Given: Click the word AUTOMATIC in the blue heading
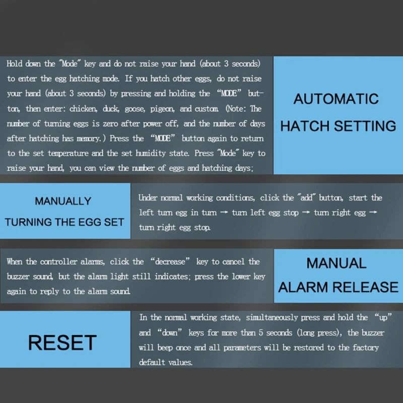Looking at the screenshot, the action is click(336, 99).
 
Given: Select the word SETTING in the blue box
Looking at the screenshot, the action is click(365, 126).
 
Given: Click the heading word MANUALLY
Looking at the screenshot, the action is click(63, 201).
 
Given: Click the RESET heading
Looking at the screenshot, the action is click(62, 343).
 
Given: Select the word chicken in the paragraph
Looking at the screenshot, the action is click(83, 109).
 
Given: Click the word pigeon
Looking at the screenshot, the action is click(162, 109).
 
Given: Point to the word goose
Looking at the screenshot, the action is click(135, 109).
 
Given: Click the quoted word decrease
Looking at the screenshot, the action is click(170, 261).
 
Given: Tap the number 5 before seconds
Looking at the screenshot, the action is click(261, 332).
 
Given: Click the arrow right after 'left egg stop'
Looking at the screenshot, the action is click(306, 212).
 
